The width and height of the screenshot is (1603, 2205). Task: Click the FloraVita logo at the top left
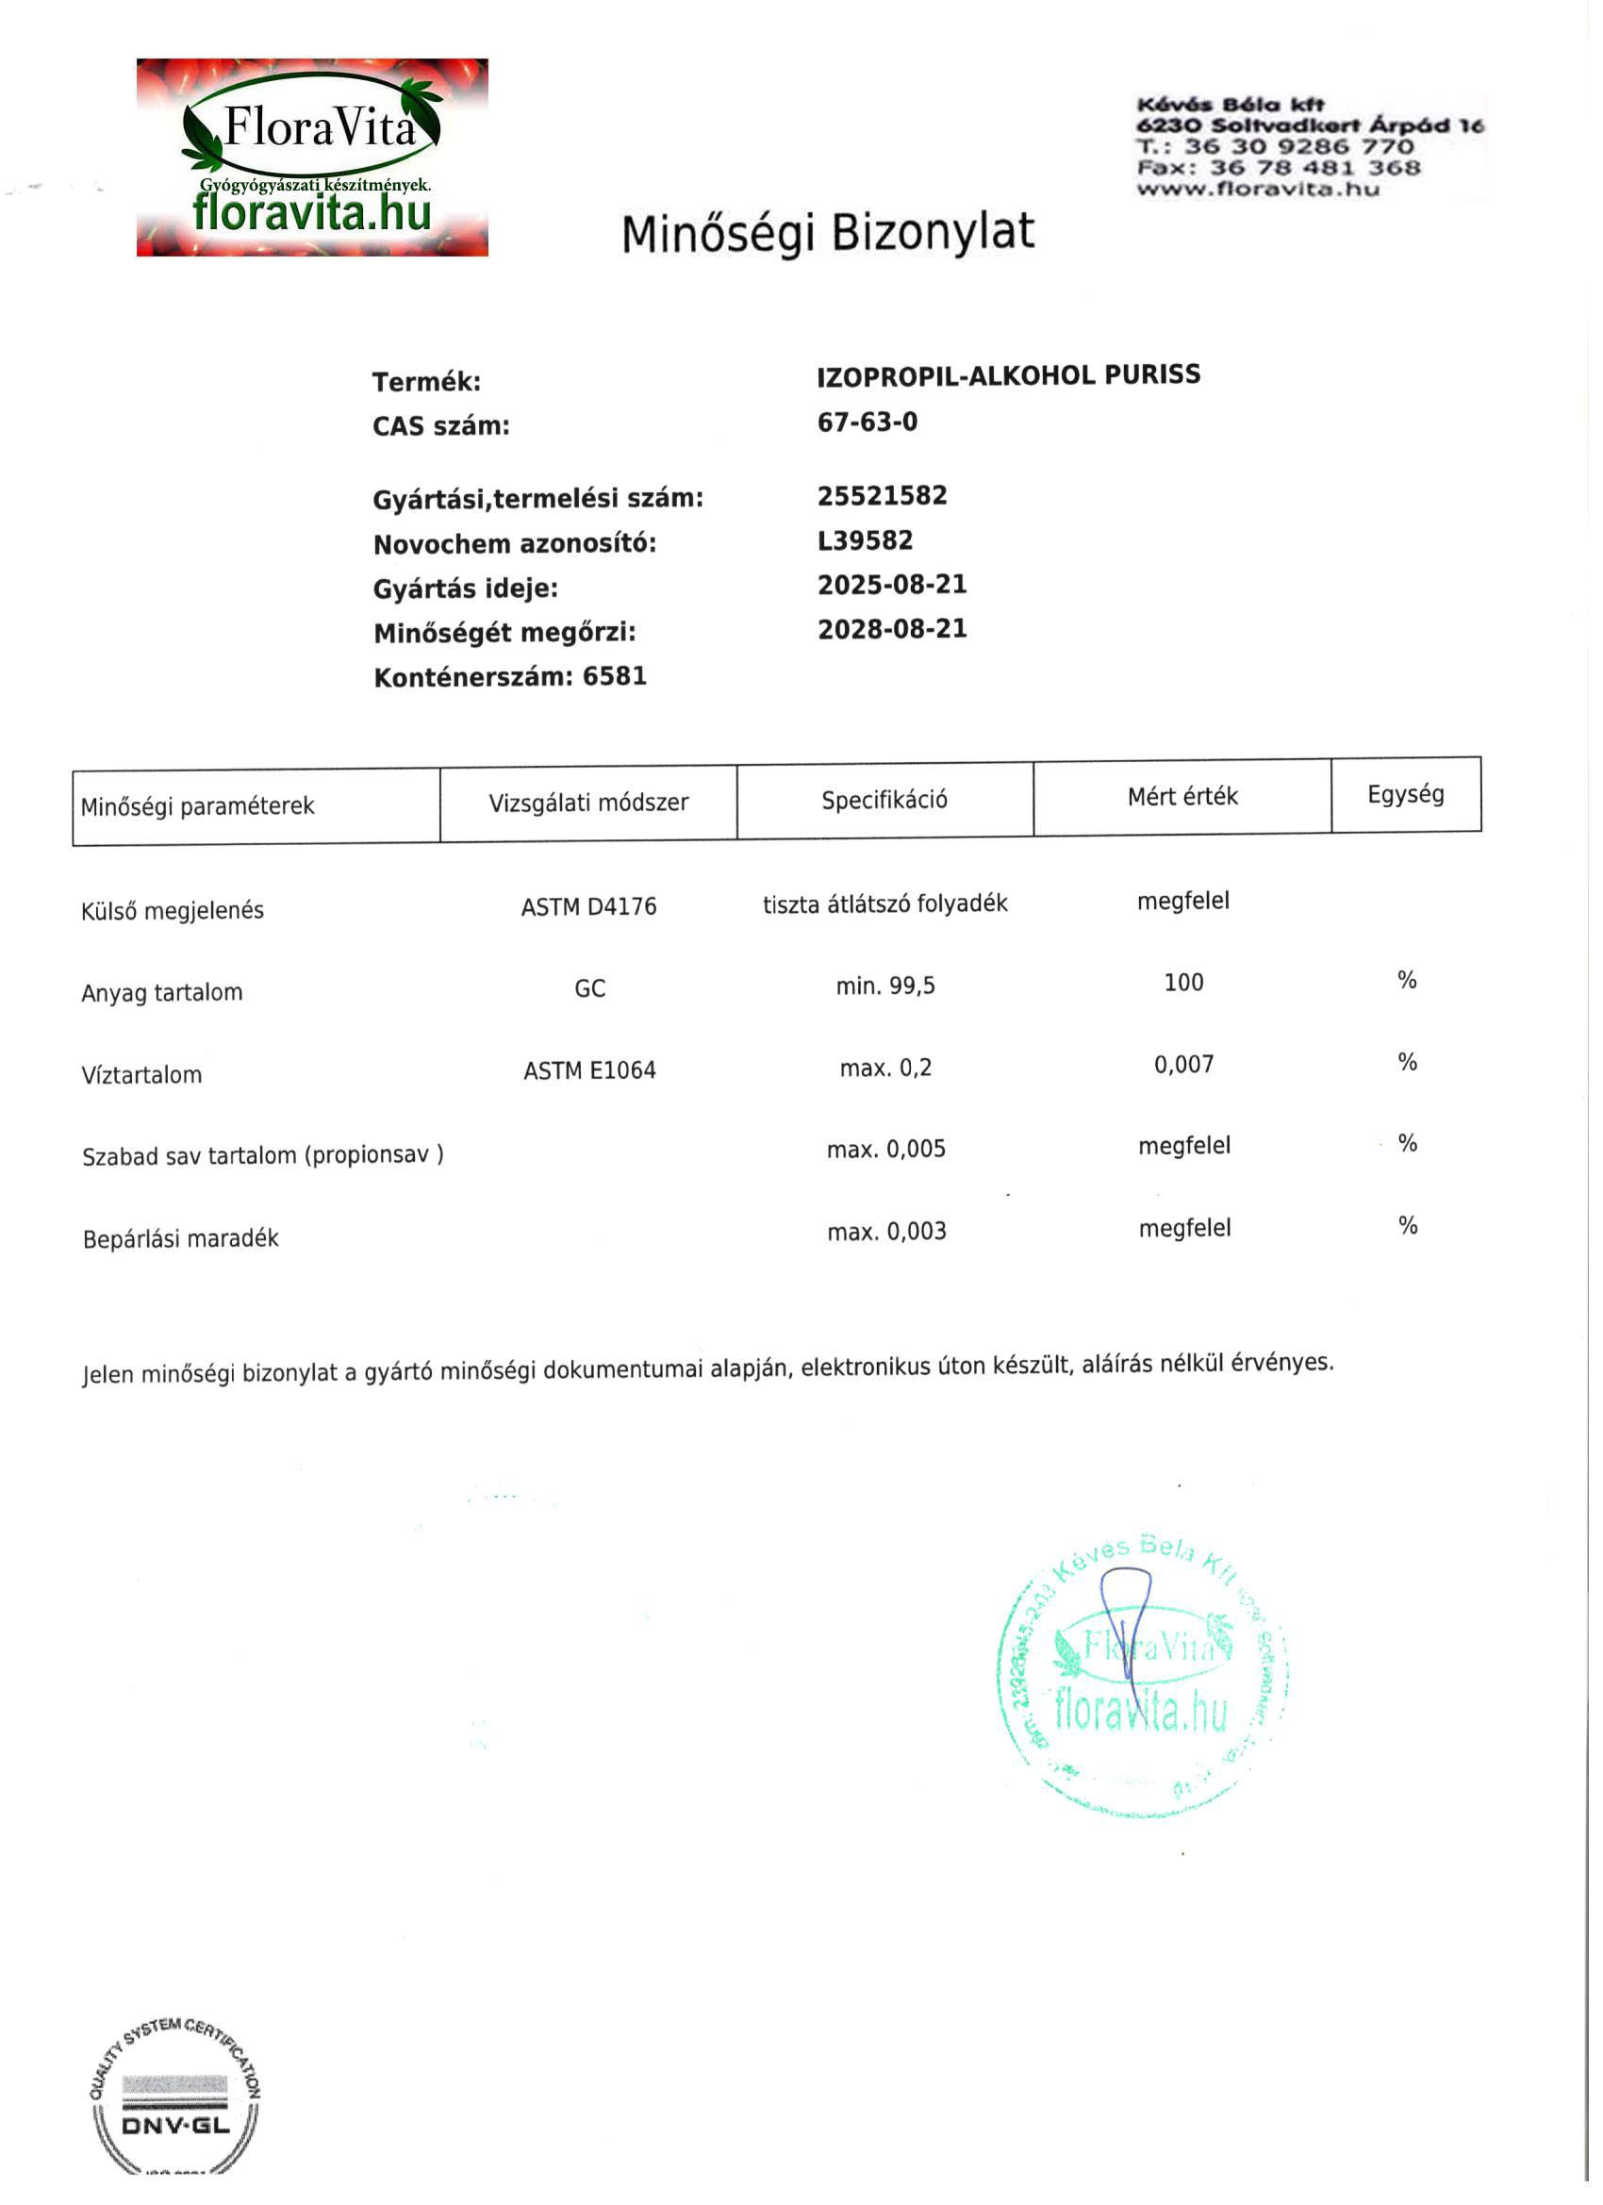coord(312,157)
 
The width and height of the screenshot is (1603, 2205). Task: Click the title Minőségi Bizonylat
coord(827,234)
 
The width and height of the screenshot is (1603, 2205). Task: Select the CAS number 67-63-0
coord(868,423)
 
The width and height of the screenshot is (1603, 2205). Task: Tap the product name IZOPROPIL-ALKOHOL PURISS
coord(1008,376)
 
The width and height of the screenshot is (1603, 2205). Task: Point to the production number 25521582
coord(882,497)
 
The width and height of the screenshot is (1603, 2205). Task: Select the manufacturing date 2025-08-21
coord(891,586)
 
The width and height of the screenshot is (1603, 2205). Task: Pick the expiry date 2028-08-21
coord(891,630)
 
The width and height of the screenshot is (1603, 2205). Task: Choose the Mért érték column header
coord(1182,798)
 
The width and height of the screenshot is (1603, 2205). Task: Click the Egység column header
coord(1406,795)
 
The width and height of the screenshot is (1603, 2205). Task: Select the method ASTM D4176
coord(588,908)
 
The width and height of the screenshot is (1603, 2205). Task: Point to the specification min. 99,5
coord(884,986)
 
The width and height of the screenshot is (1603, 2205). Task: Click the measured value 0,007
coord(1183,1066)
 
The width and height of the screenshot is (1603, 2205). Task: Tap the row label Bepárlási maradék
coord(181,1239)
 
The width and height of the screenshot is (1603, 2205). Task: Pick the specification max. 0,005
coord(885,1151)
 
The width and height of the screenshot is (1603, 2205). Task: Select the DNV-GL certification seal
coord(176,2100)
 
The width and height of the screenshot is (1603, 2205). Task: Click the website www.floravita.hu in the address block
coord(1257,190)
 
